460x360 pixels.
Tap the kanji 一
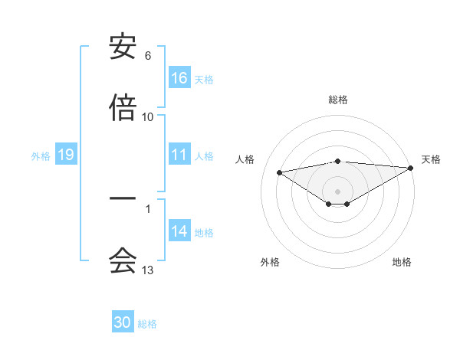[x=123, y=198]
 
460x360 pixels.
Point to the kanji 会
[x=123, y=260]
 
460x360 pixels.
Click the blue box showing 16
[x=179, y=77]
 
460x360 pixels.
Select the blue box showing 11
[x=179, y=154]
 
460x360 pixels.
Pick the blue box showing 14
[x=179, y=231]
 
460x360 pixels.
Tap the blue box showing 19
[x=65, y=155]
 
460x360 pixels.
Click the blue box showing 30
[x=123, y=322]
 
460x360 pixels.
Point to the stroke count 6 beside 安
[x=148, y=56]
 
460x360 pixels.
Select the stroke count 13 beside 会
[x=148, y=270]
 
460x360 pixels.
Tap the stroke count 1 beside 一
[x=148, y=208]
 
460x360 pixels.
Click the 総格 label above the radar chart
[x=338, y=100]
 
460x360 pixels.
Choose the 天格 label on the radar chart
[x=432, y=159]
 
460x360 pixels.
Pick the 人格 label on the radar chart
[x=245, y=159]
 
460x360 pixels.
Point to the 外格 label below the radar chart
[x=270, y=262]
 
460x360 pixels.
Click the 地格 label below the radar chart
[x=402, y=262]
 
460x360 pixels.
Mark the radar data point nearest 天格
[x=411, y=168]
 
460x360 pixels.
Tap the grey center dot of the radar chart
[x=338, y=191]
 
